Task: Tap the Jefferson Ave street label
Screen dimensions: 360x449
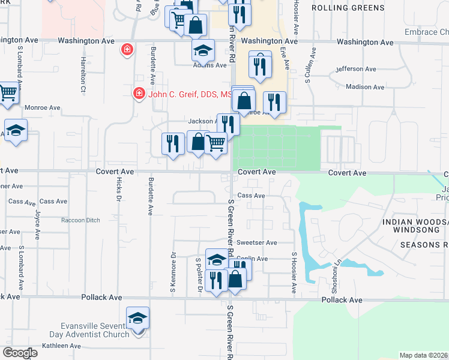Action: pyautogui.click(x=358, y=69)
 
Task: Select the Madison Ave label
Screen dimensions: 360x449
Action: pyautogui.click(x=365, y=87)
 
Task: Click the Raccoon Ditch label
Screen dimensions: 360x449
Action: pyautogui.click(x=80, y=220)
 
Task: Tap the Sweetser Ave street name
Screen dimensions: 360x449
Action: pyautogui.click(x=257, y=242)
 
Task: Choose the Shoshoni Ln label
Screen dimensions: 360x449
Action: pyautogui.click(x=339, y=265)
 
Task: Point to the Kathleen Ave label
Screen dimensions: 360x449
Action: pyautogui.click(x=61, y=346)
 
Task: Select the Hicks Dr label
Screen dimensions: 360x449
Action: pyautogui.click(x=119, y=189)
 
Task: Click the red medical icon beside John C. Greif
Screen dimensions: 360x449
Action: pyautogui.click(x=139, y=94)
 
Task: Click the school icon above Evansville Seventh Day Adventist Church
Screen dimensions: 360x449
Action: pyautogui.click(x=137, y=317)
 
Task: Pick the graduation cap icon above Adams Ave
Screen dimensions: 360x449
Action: pyautogui.click(x=203, y=50)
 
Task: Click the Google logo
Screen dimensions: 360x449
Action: pyautogui.click(x=20, y=353)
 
